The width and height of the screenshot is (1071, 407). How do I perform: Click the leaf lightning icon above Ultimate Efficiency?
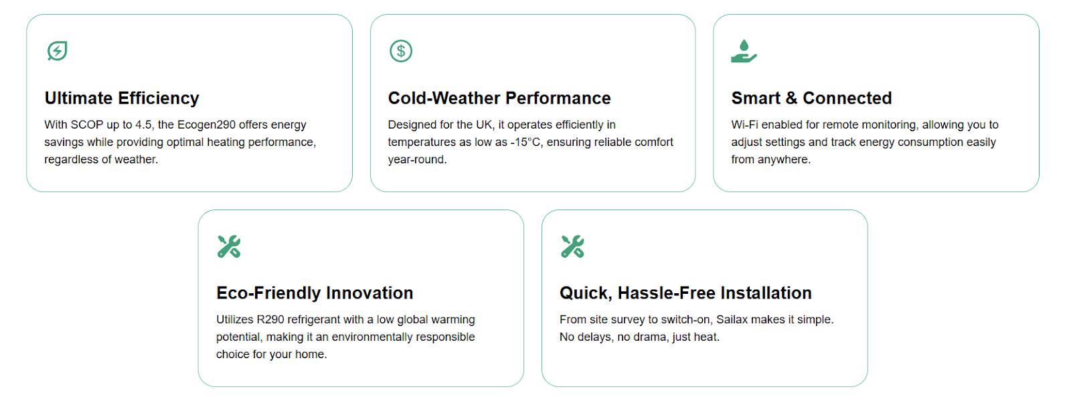point(57,51)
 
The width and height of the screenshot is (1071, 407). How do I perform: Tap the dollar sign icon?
point(401,51)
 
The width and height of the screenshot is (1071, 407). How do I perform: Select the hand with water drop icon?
point(744,51)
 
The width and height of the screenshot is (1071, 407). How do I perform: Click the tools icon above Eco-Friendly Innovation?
point(229,246)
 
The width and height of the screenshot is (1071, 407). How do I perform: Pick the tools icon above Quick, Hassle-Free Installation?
point(572,246)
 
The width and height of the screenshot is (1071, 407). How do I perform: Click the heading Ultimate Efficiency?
point(122,98)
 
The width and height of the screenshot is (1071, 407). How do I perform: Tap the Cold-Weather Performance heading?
point(499,98)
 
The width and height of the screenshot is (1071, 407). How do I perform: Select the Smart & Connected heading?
point(811,98)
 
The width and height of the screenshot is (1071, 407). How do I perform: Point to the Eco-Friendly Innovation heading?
point(315,293)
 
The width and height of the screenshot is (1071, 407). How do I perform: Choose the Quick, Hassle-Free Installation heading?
point(685,293)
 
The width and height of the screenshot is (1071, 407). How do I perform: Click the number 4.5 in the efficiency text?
point(144,125)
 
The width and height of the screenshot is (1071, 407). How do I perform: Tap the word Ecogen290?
point(204,125)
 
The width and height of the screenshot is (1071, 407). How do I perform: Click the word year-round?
point(417,160)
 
